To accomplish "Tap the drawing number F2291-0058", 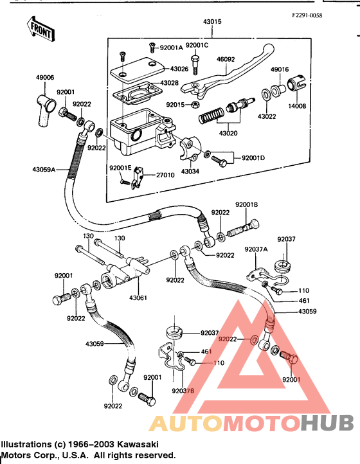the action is pos(307,15).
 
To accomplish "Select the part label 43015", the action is pos(212,22).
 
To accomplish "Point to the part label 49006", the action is pos(45,78).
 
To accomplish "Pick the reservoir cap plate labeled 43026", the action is pos(137,71).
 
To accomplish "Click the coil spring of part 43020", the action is pos(211,115).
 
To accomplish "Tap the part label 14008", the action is pos(297,106).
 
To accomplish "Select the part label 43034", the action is pos(190,172).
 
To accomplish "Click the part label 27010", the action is pos(165,175).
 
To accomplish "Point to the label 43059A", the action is pos(44,170).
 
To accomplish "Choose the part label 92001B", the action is pos(247,205).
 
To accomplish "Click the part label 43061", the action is pos(138,298).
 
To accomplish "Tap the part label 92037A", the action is pos(256,249).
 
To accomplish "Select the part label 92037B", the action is pos(183,391).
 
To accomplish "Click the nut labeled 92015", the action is pos(195,104).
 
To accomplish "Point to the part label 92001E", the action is pos(120,168).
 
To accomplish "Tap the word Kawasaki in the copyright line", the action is pos(138,444).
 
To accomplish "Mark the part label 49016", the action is pos(280,69).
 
